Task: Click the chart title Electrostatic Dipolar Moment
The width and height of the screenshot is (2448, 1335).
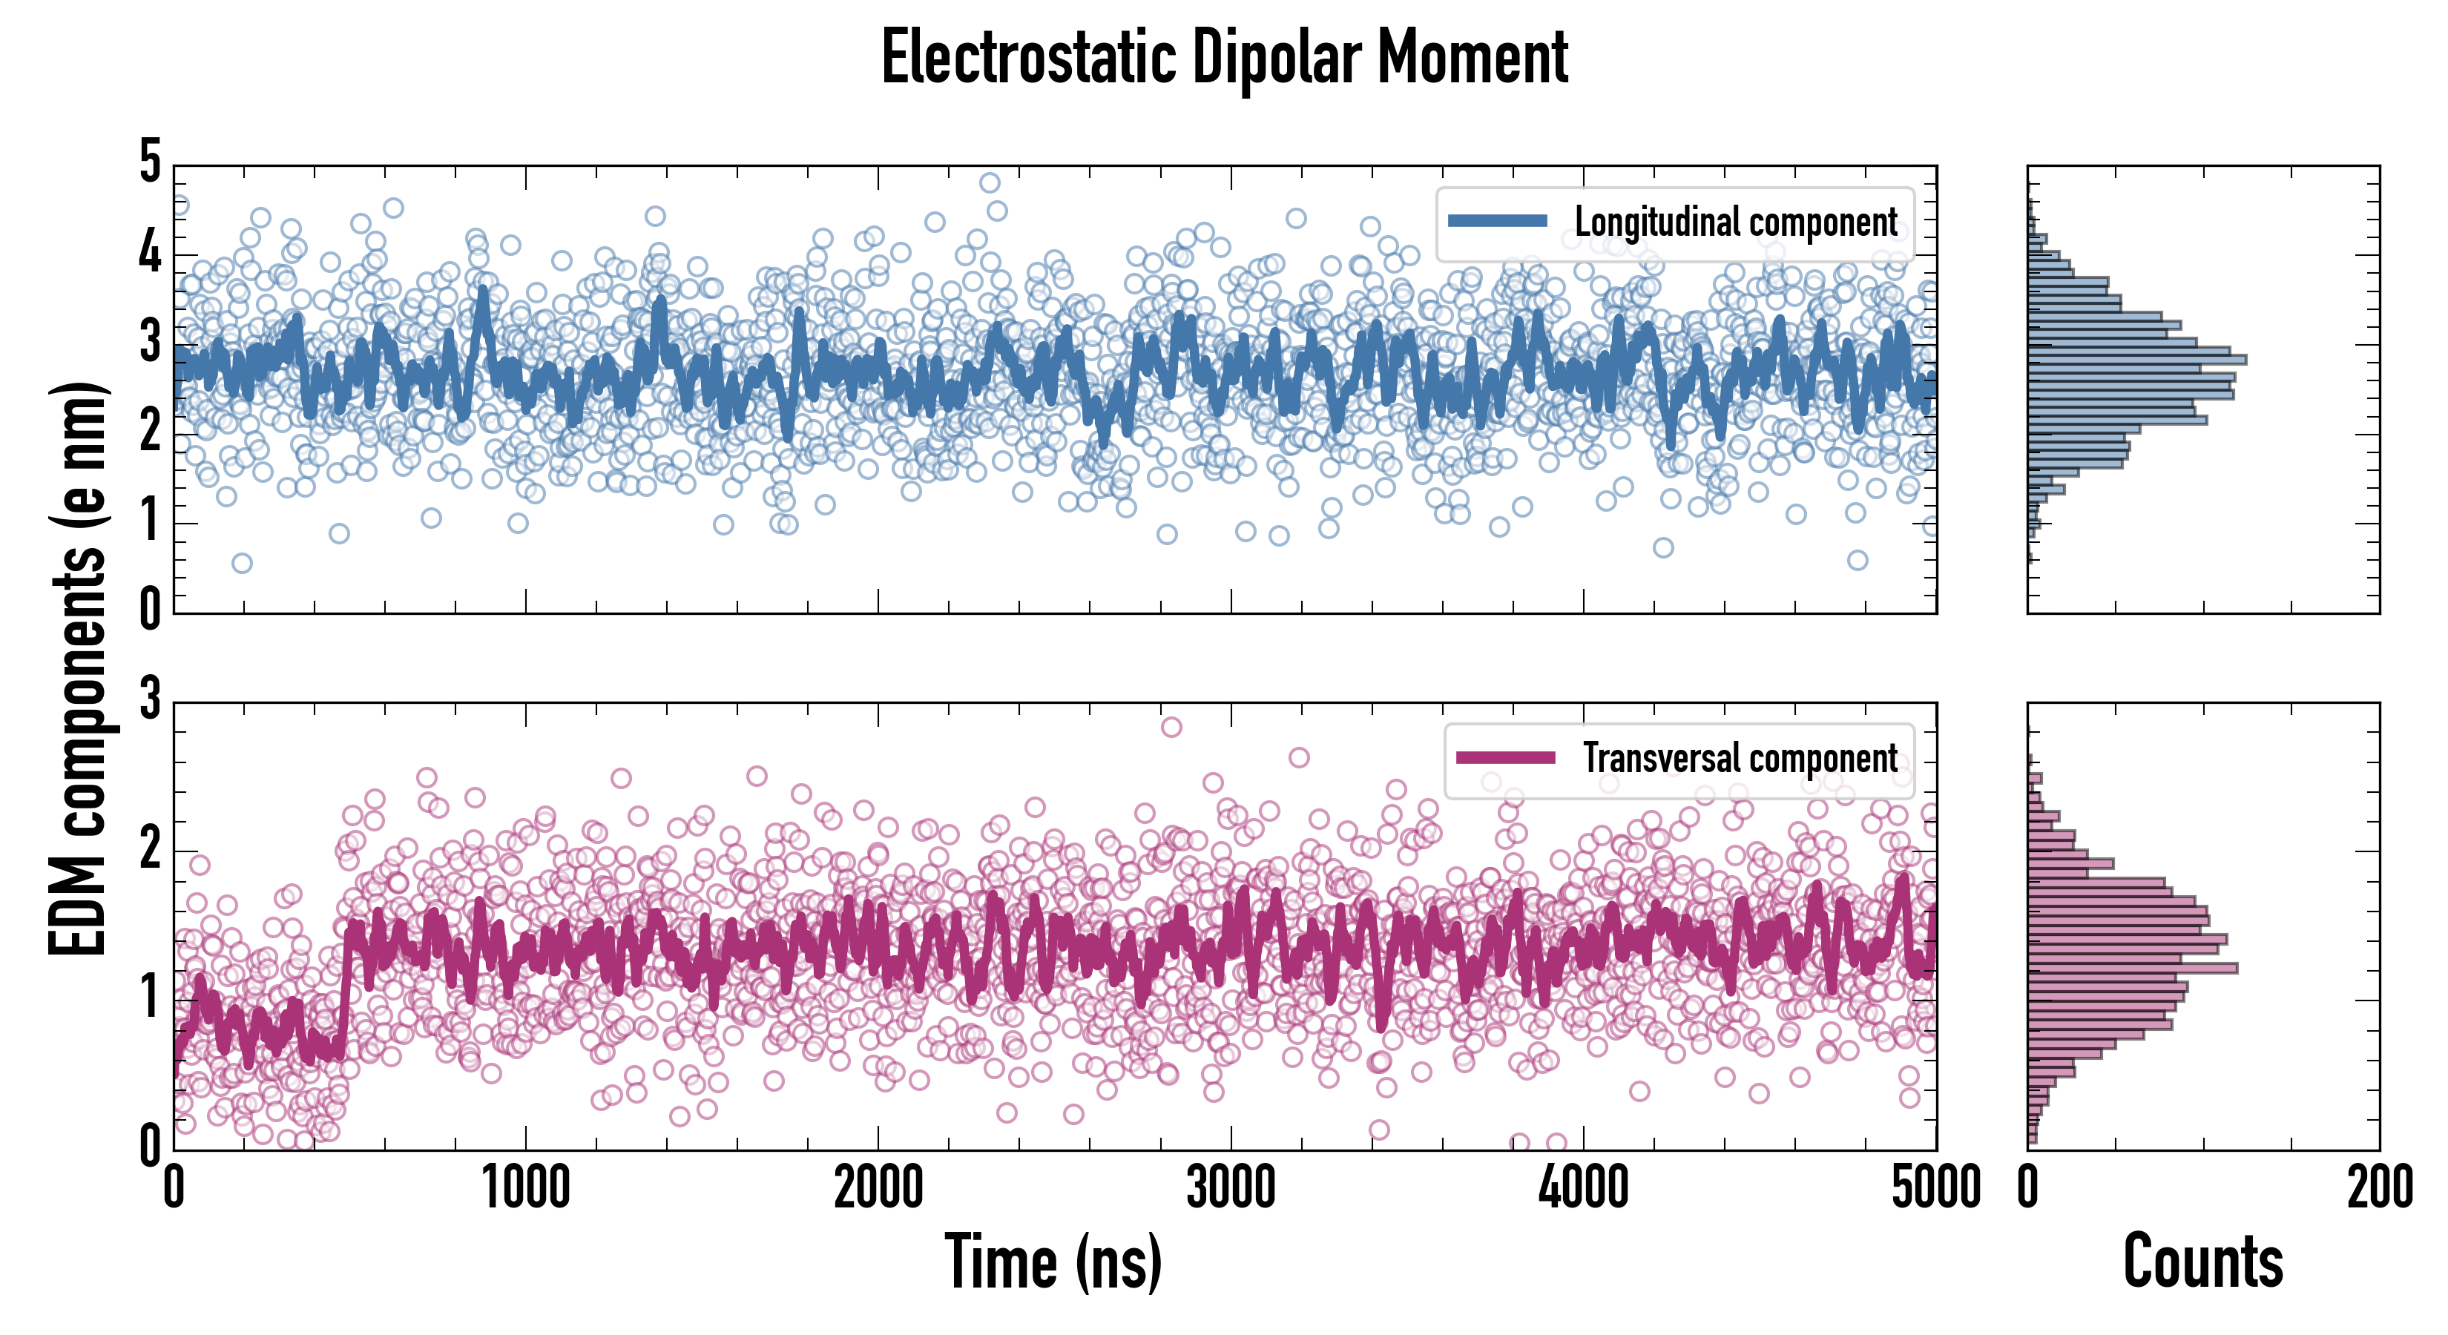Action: tap(1224, 58)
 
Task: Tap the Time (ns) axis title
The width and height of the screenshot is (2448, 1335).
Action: tap(1053, 1261)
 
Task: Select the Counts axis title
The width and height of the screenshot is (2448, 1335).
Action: tap(2202, 1261)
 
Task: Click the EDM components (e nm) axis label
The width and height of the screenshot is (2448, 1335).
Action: tap(78, 669)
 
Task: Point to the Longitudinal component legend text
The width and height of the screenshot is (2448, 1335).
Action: tap(1735, 222)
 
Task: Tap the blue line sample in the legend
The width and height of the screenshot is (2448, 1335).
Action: tap(1498, 222)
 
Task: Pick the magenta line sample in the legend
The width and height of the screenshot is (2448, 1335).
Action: tap(1505, 758)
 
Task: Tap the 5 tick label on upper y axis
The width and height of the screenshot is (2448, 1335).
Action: tap(150, 162)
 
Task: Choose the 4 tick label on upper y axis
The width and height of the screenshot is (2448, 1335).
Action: tap(150, 253)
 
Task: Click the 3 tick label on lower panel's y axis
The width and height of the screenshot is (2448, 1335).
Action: tap(150, 700)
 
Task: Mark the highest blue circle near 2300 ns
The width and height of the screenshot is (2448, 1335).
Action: tap(990, 182)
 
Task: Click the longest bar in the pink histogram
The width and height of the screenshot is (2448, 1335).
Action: tap(2133, 968)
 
